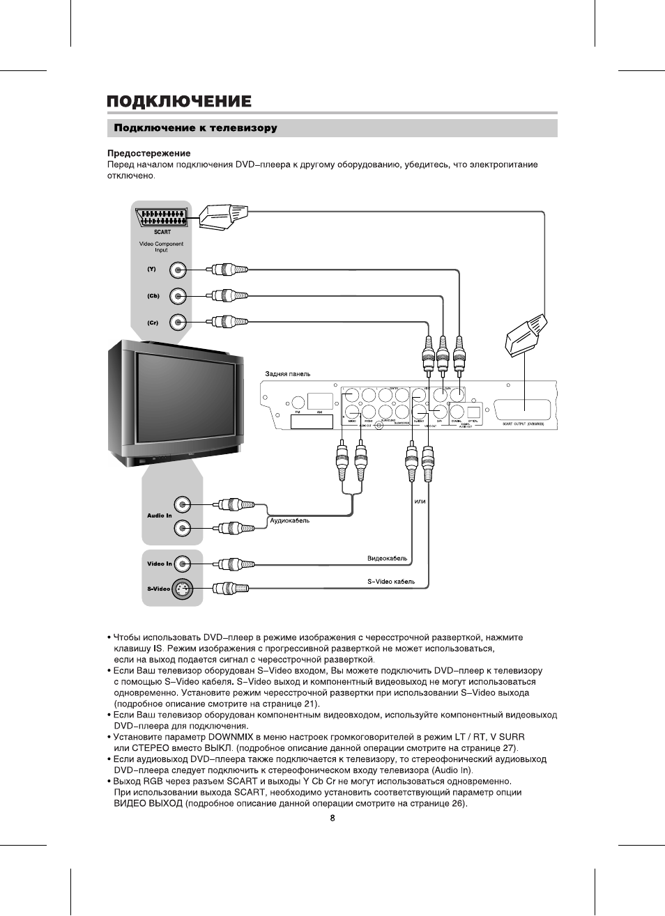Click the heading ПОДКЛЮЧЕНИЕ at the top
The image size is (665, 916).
click(x=179, y=102)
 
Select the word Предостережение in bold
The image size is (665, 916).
click(x=148, y=153)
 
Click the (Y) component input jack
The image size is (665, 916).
click(x=179, y=270)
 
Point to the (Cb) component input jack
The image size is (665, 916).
click(x=179, y=296)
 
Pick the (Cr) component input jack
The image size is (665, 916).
click(x=179, y=322)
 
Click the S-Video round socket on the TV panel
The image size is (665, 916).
click(x=181, y=589)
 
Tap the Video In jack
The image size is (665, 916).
click(x=182, y=564)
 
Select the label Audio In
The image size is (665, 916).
click(x=159, y=515)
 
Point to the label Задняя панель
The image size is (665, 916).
click(x=287, y=374)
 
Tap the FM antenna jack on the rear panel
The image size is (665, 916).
click(x=298, y=402)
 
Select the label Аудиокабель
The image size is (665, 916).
click(x=290, y=520)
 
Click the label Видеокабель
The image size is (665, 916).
click(x=388, y=558)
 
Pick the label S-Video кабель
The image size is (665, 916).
click(x=391, y=582)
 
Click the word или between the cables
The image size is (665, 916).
click(x=420, y=501)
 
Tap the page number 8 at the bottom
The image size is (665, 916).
click(x=332, y=818)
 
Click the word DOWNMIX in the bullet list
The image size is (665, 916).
click(x=231, y=736)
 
